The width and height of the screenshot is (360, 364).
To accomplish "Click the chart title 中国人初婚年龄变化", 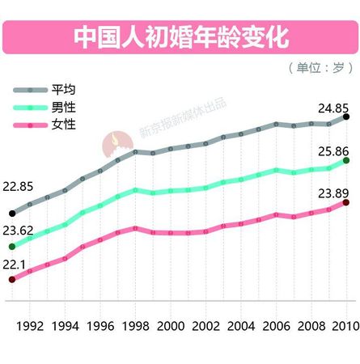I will coord(180,36).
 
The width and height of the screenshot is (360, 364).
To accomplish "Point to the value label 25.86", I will coord(332,150).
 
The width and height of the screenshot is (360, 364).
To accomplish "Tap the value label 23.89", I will coord(332,192).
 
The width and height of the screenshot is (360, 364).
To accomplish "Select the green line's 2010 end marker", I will coord(347,161).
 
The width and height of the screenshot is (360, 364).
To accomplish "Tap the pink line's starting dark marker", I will coord(11,280).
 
